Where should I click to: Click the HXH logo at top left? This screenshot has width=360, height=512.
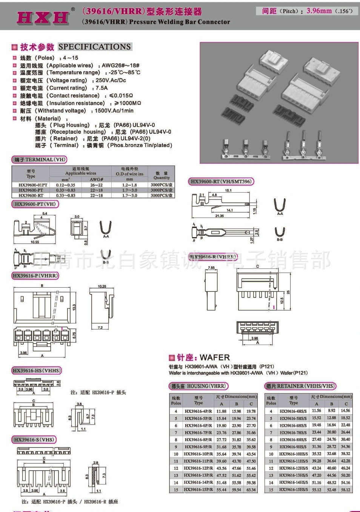[43, 17]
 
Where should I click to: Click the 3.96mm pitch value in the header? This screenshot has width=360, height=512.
[319, 11]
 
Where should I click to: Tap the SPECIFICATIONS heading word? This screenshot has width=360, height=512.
[95, 47]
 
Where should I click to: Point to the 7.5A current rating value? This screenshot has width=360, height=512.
[102, 88]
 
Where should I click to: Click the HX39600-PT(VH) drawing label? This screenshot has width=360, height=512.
[35, 204]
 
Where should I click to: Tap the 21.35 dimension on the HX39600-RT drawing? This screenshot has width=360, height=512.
[219, 216]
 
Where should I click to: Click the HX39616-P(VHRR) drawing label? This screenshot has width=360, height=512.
[36, 276]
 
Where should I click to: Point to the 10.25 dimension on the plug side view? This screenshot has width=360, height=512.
[102, 287]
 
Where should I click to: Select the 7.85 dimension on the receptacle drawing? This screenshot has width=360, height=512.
[211, 268]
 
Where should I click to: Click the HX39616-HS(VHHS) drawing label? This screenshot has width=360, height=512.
[37, 371]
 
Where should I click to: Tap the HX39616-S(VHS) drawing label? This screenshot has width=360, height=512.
[34, 440]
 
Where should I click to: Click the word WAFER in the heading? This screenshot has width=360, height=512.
[215, 357]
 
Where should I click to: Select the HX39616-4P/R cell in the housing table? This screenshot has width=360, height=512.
[198, 411]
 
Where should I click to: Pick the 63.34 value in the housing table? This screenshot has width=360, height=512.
[251, 490]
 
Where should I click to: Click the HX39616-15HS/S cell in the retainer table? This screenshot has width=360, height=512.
[293, 490]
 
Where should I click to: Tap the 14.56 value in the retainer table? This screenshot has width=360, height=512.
[345, 411]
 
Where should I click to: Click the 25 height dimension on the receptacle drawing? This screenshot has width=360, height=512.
[288, 292]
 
